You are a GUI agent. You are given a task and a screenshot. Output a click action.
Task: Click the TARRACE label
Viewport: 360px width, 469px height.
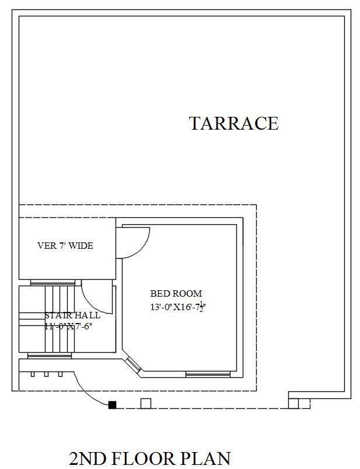point(233,124)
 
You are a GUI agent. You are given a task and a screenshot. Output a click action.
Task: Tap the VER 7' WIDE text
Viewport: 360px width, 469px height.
point(65,246)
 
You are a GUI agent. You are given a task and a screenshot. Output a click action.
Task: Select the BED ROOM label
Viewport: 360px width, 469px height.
point(176,294)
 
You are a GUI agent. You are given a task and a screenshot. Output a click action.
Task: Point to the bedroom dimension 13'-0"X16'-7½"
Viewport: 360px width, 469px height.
point(179,307)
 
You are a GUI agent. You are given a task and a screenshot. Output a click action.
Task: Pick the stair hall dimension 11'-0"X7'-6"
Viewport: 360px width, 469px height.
point(68,326)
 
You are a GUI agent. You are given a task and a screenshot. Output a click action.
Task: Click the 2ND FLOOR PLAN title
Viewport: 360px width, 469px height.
point(150,457)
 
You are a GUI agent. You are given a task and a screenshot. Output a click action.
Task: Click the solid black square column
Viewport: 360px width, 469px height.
point(112,404)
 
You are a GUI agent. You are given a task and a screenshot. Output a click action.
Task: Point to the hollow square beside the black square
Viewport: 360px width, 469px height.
point(146,403)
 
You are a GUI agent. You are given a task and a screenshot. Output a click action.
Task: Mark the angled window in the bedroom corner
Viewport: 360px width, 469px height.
point(134,365)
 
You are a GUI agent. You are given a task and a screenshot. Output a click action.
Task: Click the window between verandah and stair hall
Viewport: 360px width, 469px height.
point(53,283)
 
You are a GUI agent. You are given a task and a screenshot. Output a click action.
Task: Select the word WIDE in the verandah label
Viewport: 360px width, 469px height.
point(82,246)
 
